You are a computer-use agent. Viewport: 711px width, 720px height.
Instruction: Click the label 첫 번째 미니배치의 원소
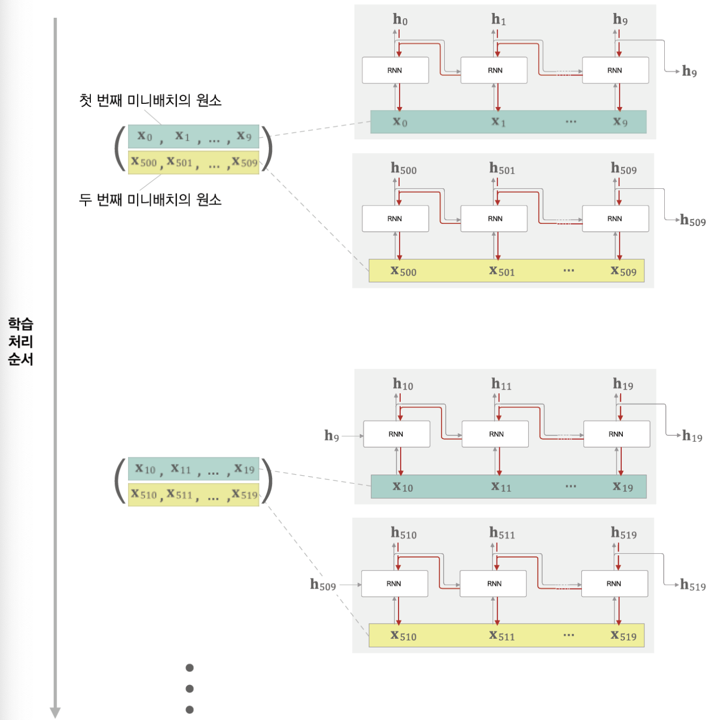(x=150, y=101)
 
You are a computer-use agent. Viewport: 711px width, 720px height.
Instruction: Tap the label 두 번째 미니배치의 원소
(x=150, y=200)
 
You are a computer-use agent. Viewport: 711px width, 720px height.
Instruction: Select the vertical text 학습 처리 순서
(x=20, y=341)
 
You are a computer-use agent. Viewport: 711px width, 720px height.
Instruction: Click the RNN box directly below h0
(x=395, y=70)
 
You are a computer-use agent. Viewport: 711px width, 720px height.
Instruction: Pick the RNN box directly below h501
(x=494, y=219)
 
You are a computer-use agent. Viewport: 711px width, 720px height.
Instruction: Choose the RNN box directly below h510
(x=394, y=584)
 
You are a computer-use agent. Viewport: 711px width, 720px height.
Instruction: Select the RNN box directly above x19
(x=616, y=434)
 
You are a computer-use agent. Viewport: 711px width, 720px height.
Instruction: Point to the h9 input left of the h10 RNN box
(x=332, y=436)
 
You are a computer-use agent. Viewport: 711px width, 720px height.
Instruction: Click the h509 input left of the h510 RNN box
(x=323, y=585)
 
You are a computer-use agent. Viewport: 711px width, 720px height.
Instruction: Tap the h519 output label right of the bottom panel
(x=693, y=585)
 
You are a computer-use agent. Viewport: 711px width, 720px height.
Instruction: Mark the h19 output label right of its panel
(x=692, y=436)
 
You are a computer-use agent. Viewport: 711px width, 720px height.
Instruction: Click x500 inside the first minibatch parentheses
(x=144, y=162)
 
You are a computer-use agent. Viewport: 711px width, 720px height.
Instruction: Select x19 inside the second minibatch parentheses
(x=244, y=469)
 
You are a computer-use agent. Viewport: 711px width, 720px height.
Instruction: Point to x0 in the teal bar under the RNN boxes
(x=400, y=122)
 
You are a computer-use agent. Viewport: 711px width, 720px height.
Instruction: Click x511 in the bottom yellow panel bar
(x=502, y=636)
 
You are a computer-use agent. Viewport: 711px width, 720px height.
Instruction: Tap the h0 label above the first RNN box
(x=400, y=20)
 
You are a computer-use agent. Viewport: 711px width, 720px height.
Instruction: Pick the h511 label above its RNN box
(x=502, y=533)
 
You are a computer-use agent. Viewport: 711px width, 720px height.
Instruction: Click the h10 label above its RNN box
(x=403, y=385)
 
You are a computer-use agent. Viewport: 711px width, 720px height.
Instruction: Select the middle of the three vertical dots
(x=189, y=689)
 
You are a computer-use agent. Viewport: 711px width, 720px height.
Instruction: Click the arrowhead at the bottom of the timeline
(x=55, y=712)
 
